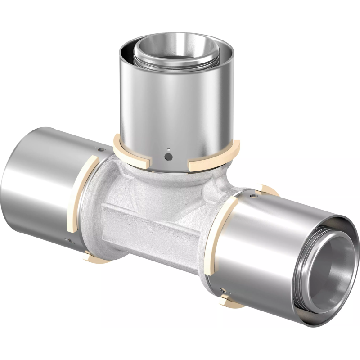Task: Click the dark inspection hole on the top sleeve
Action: point(168,157)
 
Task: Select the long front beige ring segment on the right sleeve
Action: point(220,234)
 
